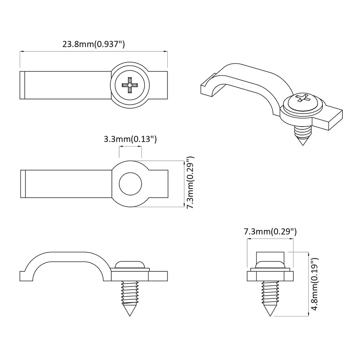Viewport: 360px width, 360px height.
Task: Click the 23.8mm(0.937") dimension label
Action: click(94, 44)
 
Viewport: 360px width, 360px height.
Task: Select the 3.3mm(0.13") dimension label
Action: click(130, 139)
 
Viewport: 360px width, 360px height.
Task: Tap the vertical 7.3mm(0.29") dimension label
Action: click(190, 183)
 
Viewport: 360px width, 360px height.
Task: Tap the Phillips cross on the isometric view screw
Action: click(302, 98)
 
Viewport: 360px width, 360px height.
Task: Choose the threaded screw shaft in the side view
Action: click(130, 292)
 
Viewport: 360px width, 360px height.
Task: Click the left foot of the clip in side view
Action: click(26, 276)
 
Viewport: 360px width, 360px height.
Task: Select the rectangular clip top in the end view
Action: click(270, 256)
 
